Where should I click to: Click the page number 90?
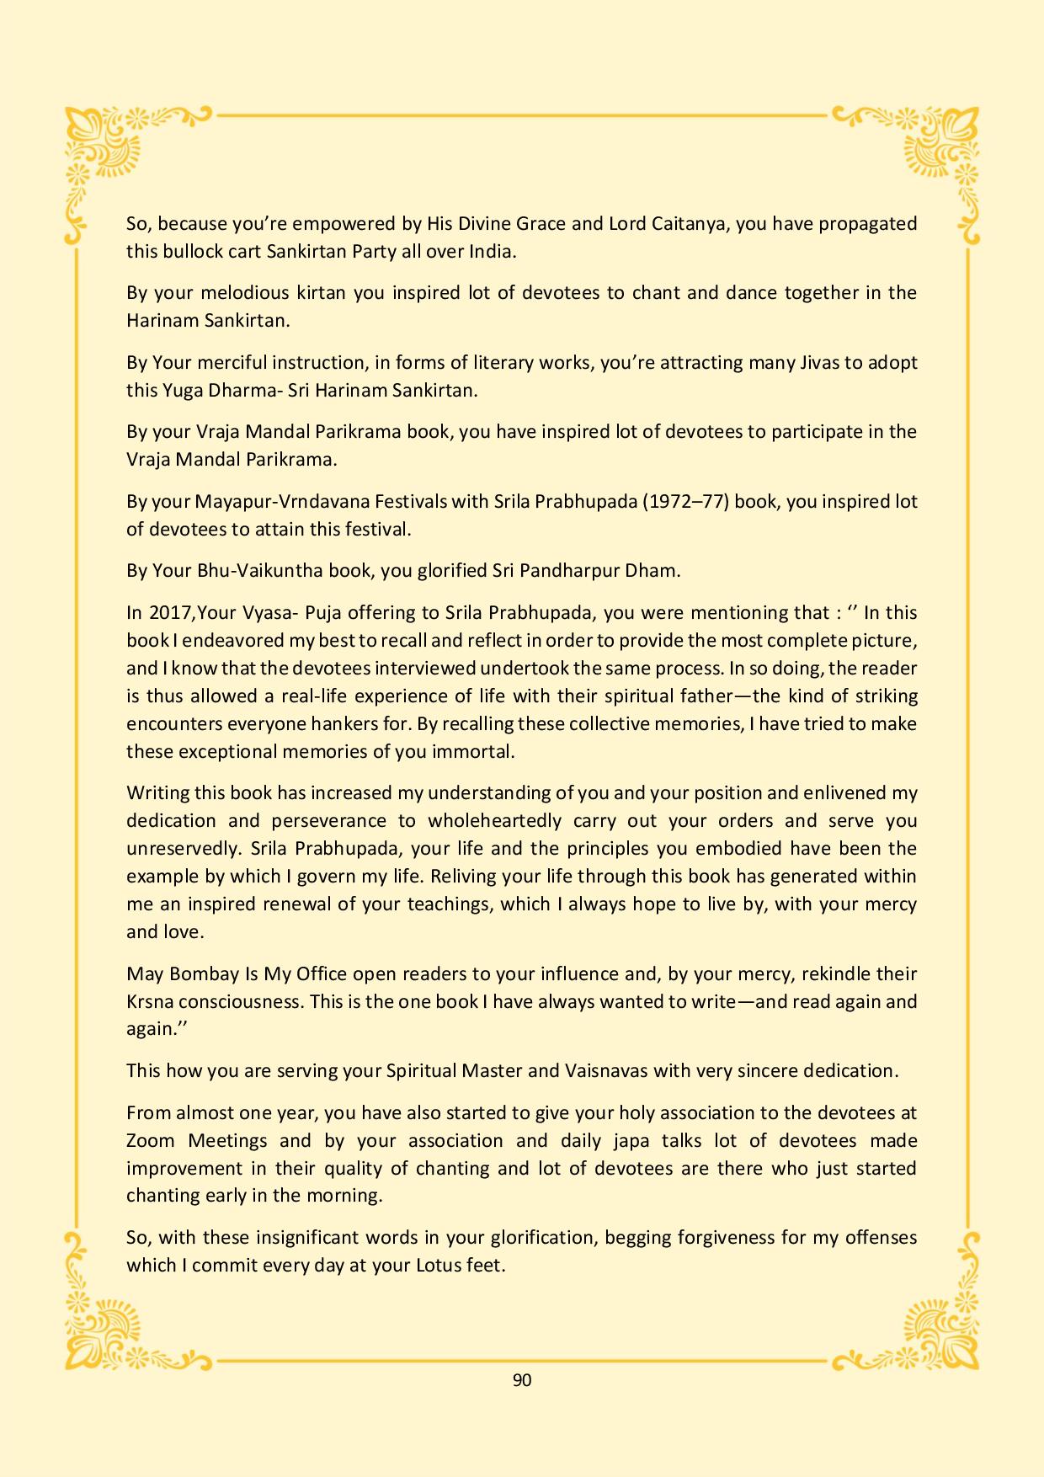coord(521,1380)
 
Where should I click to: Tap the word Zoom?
coord(151,1141)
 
